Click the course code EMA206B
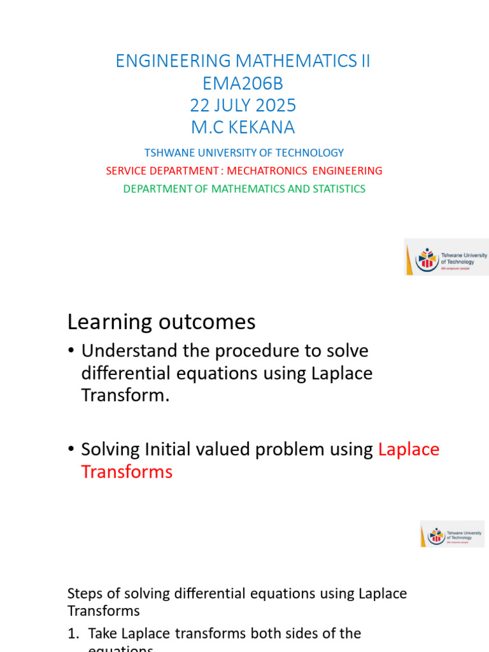click(x=243, y=83)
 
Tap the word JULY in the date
click(x=239, y=105)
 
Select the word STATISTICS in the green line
click(x=337, y=188)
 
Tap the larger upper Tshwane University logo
click(x=446, y=257)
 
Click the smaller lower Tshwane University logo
click(x=452, y=534)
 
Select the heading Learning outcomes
click(x=161, y=322)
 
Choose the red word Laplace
click(x=409, y=450)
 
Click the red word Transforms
click(x=127, y=472)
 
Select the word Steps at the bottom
click(x=83, y=593)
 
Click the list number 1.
click(x=72, y=634)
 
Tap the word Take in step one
click(x=102, y=634)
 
